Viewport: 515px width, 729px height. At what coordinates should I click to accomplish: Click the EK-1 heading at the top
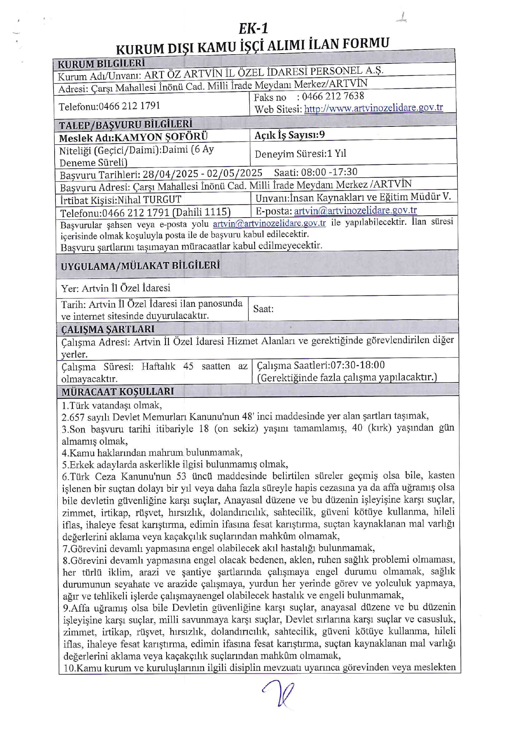[253, 28]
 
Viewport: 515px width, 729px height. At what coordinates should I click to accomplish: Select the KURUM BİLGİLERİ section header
[101, 63]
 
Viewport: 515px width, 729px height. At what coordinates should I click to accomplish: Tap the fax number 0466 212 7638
[333, 96]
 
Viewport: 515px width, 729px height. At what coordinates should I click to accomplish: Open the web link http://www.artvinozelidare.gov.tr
[373, 108]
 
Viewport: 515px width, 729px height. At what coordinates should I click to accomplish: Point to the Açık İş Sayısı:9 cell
[290, 135]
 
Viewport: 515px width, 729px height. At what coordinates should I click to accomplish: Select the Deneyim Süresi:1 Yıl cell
[300, 154]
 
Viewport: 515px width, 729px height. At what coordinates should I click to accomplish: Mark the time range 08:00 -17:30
[329, 172]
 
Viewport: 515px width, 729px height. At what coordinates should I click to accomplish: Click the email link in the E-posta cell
[355, 210]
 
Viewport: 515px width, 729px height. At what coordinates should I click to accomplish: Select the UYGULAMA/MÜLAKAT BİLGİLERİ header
[140, 265]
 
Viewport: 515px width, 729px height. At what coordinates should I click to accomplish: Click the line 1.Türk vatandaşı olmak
[112, 405]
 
